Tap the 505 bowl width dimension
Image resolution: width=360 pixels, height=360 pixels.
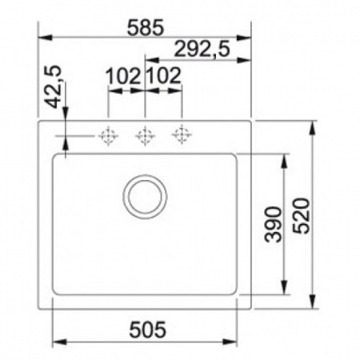click(146, 328)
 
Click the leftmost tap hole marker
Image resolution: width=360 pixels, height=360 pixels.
click(108, 136)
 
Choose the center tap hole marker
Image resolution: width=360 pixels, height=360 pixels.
click(144, 136)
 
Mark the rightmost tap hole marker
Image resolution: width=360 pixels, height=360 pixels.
click(182, 136)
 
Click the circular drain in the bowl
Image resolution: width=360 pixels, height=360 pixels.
click(145, 194)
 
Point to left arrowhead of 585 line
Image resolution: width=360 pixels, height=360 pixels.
click(44, 36)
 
